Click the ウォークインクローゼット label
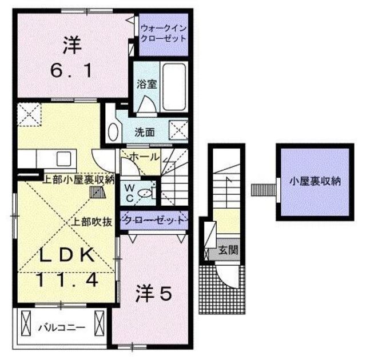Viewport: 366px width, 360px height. pyautogui.click(x=164, y=33)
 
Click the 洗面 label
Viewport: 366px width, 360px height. pyautogui.click(x=144, y=132)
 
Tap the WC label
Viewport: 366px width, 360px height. pyautogui.click(x=129, y=193)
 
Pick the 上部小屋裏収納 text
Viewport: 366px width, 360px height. pyautogui.click(x=79, y=178)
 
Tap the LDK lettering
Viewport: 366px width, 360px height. pyautogui.click(x=66, y=257)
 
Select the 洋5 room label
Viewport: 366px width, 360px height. pyautogui.click(x=153, y=295)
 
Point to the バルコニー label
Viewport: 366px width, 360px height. pyautogui.click(x=61, y=327)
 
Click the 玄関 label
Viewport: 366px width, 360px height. pyautogui.click(x=228, y=250)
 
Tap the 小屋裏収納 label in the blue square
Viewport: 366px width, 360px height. pyautogui.click(x=315, y=182)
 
